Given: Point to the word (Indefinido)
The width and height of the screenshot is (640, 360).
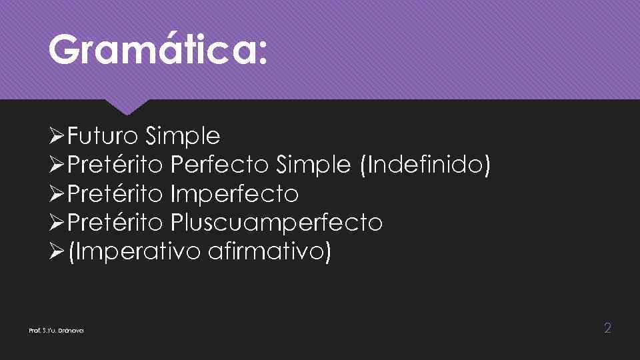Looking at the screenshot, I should tap(425, 165).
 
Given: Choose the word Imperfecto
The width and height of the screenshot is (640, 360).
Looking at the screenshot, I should tap(234, 194).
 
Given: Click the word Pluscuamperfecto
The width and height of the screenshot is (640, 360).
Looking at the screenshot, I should tap(277, 223).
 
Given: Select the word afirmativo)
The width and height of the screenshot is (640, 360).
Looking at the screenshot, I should tap(269, 252).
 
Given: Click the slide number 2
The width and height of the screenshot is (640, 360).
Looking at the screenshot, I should tap(607, 327).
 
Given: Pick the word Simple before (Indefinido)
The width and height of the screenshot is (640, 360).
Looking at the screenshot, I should tap(313, 165).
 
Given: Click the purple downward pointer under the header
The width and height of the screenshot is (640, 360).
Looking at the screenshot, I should tap(127, 107).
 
